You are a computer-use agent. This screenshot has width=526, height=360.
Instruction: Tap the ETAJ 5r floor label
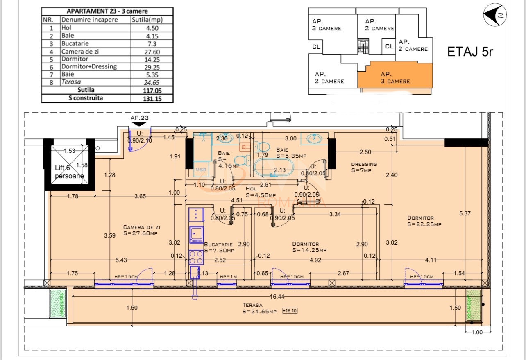click(x=470, y=52)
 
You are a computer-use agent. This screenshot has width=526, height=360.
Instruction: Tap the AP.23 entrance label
click(x=139, y=118)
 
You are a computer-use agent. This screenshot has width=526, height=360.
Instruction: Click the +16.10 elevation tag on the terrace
click(x=290, y=311)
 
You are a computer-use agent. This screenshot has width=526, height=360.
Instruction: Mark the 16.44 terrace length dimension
click(x=277, y=297)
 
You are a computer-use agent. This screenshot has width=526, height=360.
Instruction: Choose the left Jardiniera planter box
click(x=57, y=303)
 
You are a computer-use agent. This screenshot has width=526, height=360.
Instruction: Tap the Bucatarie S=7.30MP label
click(x=219, y=247)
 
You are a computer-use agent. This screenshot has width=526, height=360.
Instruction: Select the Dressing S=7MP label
click(x=364, y=168)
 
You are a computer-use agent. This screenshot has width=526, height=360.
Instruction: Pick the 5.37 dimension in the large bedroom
click(x=465, y=213)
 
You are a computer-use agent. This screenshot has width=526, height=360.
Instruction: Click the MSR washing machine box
click(x=201, y=170)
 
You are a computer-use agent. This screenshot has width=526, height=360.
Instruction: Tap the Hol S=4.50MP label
click(x=261, y=192)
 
